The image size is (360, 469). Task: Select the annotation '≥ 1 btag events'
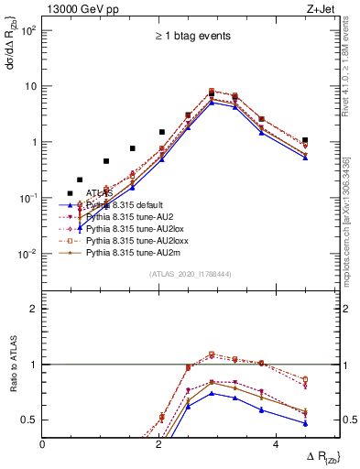(x=191, y=36)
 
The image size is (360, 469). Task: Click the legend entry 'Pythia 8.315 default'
(x=127, y=204)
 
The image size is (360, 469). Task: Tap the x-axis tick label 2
(x=159, y=445)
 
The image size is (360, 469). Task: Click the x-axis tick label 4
(x=276, y=445)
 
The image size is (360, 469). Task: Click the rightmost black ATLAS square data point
(x=305, y=140)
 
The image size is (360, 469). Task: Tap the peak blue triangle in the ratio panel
(x=212, y=393)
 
